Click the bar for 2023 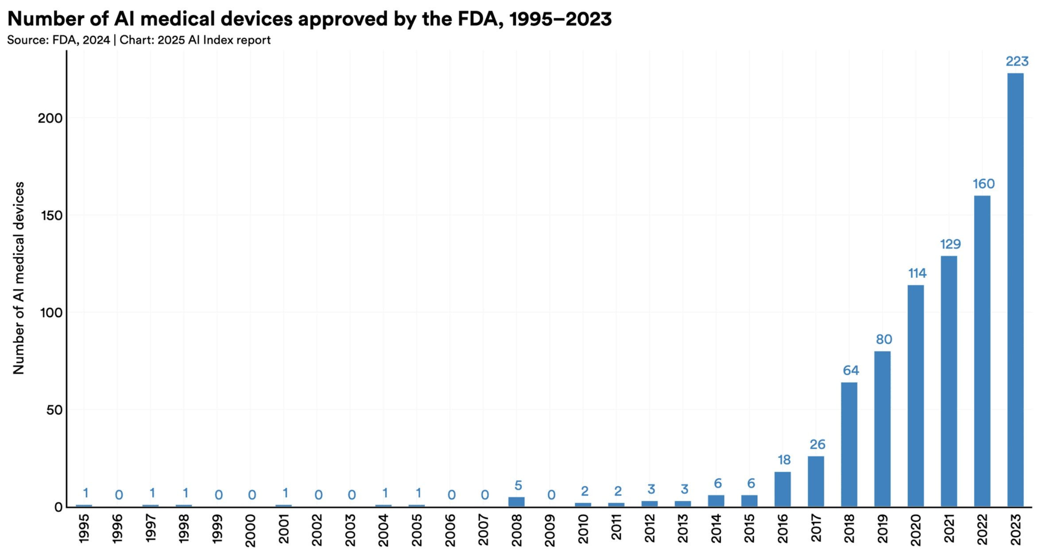[1015, 290]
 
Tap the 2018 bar [849, 444]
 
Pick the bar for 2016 [783, 489]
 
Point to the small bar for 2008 [516, 502]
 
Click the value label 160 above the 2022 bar [984, 184]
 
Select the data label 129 [950, 244]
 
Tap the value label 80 [884, 339]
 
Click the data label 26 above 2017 [817, 444]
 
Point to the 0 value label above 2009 [551, 495]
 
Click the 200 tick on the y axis [50, 118]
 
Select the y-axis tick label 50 [54, 410]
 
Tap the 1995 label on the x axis [84, 528]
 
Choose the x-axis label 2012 [650, 528]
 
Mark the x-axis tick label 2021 [949, 528]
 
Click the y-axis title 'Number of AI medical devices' [19, 278]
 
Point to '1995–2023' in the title [561, 19]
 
